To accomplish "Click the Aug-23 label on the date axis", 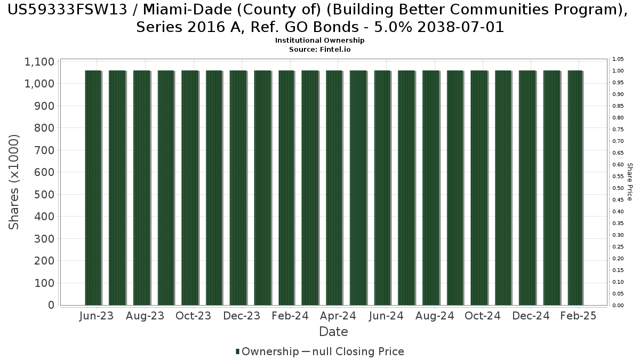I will pos(145,316).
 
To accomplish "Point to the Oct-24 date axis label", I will pos(483,316).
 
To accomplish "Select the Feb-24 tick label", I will pos(290,316).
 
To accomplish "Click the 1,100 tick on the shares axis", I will pos(39,62).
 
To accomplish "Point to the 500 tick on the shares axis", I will pos(45,195).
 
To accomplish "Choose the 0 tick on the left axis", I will pos(51,305).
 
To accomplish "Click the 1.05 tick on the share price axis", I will pos(618,59).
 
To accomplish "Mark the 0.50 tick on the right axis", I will pos(618,188).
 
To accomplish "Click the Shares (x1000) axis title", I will pos(14,182).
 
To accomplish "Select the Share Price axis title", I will pos(630,182).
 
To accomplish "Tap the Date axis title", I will pos(333,332).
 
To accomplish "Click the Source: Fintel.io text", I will pos(319,49).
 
